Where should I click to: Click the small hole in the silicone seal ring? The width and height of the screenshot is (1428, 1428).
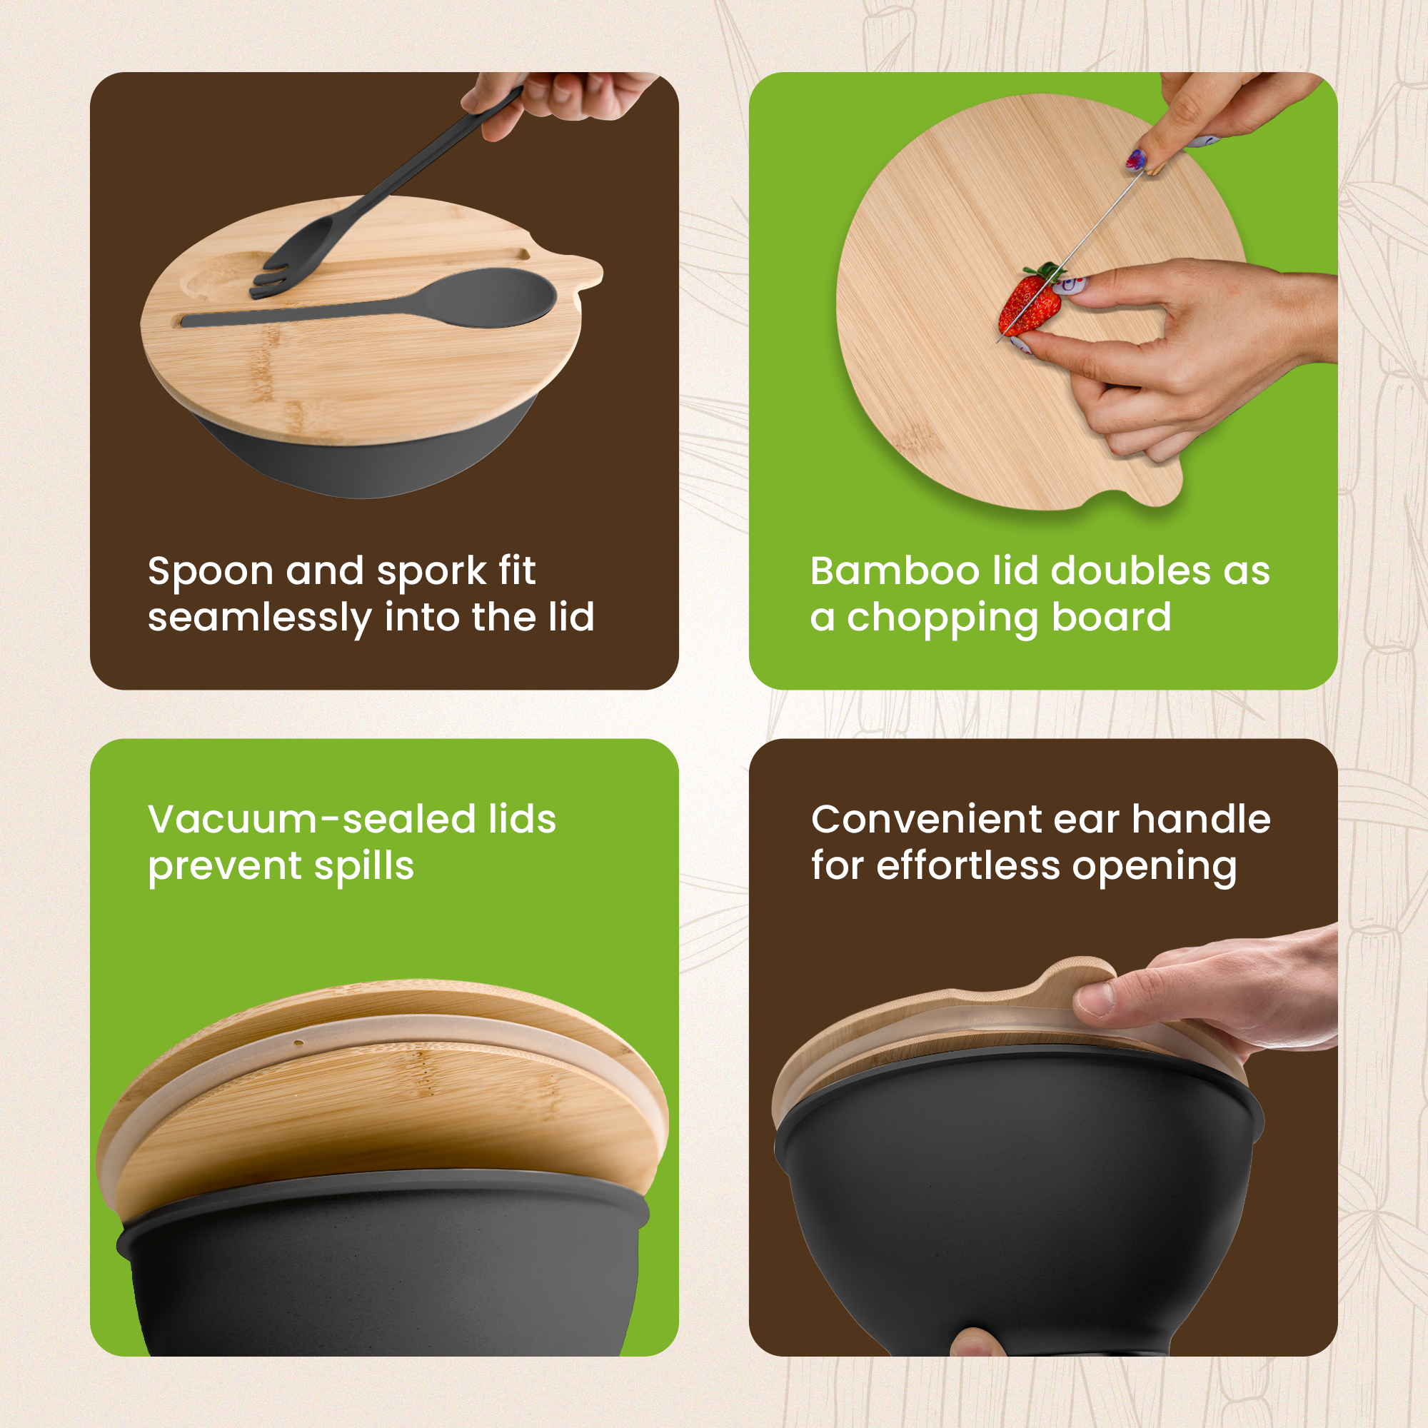298,1043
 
